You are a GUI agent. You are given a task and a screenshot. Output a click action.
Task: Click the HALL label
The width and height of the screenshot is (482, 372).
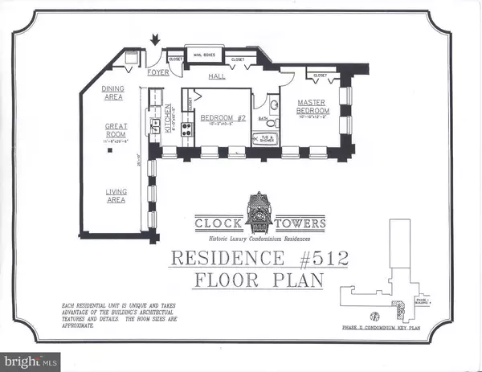pos(216,76)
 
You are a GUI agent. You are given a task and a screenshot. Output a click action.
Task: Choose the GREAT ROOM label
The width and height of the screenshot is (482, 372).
pos(117,131)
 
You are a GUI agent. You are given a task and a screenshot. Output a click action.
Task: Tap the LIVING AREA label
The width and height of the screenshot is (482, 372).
pos(117,195)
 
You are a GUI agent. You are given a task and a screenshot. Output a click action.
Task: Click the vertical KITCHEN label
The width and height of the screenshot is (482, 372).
pos(169,119)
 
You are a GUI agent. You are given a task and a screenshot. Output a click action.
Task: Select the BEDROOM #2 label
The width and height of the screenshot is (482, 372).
pos(216,118)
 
